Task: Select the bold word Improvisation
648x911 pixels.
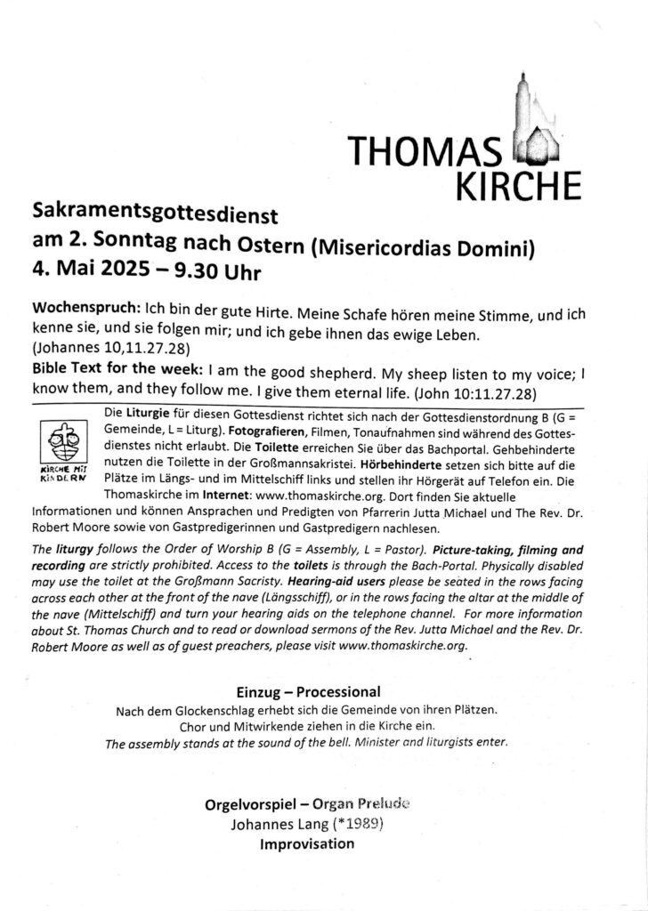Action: pos(306,843)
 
